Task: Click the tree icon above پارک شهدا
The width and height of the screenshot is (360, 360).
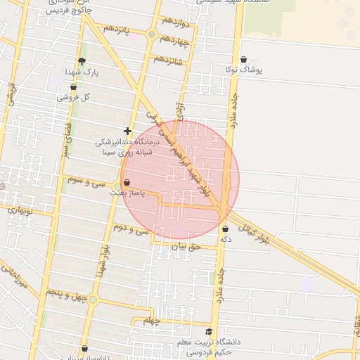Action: [x=82, y=61]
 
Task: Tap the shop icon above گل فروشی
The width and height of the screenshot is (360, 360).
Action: [x=73, y=87]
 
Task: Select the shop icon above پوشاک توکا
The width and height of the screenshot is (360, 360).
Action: [x=243, y=60]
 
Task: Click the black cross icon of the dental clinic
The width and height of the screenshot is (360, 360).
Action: [x=127, y=131]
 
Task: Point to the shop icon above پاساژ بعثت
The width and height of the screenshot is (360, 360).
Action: [x=127, y=182]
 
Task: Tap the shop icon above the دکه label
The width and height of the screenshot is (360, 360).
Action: [x=225, y=229]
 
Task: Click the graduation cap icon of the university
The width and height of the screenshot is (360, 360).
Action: [x=208, y=332]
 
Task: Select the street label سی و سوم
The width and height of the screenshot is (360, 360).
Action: [x=86, y=180]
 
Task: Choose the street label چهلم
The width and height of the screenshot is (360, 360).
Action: [x=153, y=321]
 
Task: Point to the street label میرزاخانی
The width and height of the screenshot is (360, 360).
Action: [x=13, y=278]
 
